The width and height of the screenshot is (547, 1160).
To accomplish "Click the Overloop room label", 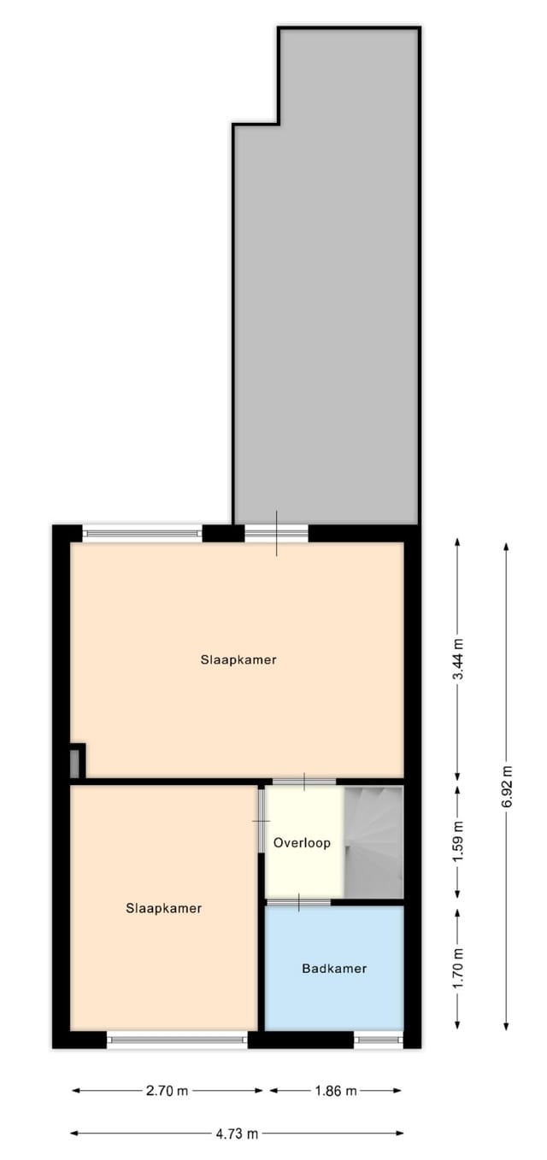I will tap(302, 843).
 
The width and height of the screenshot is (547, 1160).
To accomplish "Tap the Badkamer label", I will tap(334, 969).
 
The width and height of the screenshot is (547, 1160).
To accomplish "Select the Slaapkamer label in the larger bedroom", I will tap(238, 659).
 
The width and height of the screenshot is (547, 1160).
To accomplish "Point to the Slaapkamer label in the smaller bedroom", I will tap(163, 908).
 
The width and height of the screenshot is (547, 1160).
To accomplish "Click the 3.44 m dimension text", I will tap(458, 659).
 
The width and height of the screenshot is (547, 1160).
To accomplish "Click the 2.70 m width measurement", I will tap(168, 1091).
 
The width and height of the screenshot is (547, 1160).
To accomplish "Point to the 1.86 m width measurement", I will tap(335, 1091).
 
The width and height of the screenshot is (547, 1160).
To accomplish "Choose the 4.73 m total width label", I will tap(237, 1134).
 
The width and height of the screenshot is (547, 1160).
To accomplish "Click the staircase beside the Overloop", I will tap(373, 841).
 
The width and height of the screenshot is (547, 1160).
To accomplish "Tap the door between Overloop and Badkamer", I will tap(298, 902).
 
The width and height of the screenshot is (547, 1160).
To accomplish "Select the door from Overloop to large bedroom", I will tap(304, 782).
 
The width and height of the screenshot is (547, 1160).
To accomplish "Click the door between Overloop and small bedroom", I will tap(260, 820).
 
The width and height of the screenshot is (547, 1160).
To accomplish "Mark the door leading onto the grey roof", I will tap(276, 533).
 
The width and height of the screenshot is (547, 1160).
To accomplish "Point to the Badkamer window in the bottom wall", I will tap(378, 1040).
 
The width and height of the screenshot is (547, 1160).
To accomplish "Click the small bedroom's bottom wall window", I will tap(177, 1040).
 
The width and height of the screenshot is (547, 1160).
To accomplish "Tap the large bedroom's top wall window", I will tap(142, 534).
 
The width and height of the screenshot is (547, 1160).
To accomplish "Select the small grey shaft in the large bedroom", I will tap(75, 762).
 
